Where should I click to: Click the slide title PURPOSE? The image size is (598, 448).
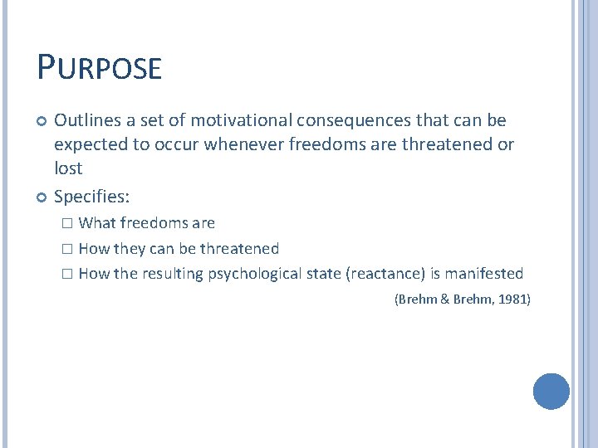click(x=99, y=67)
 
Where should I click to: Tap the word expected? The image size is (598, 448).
click(x=89, y=145)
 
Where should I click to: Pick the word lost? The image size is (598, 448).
click(x=68, y=168)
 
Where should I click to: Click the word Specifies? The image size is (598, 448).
click(x=89, y=197)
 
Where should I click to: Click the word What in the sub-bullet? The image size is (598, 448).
click(x=97, y=223)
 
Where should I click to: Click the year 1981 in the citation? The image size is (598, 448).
click(x=512, y=299)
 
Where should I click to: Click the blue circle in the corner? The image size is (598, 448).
click(x=551, y=392)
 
